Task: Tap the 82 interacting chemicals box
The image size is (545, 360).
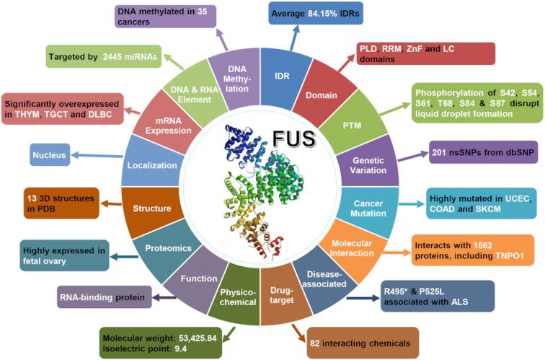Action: tap(353, 343)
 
